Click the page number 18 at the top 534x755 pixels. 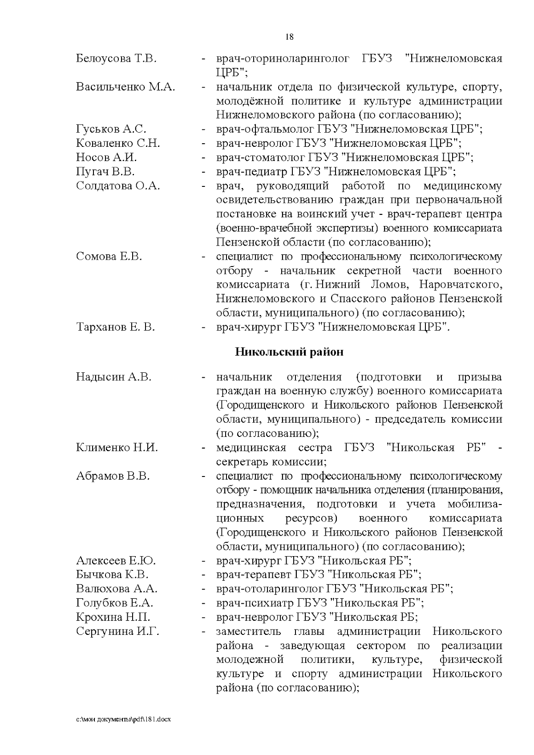[289, 37]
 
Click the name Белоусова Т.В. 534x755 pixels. [116, 58]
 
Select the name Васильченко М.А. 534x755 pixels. [125, 87]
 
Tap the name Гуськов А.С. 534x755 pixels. [111, 129]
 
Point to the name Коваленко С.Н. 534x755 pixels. [118, 143]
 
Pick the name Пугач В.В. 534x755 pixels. [105, 172]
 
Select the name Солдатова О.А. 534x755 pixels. [118, 186]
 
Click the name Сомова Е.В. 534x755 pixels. [109, 256]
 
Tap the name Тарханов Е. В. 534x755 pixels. [116, 327]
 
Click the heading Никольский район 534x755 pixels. [289, 352]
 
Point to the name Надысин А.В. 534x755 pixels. [114, 377]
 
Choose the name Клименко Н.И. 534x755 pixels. [117, 448]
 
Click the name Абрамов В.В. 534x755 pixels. [113, 476]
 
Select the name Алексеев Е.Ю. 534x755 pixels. [116, 561]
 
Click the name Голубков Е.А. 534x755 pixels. [115, 603]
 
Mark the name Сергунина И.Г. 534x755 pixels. [118, 631]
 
